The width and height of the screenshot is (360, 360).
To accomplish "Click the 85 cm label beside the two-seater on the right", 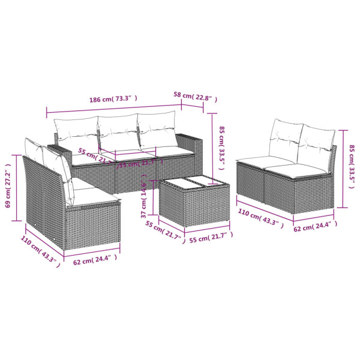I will point(353,158).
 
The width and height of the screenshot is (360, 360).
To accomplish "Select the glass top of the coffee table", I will point(192,185).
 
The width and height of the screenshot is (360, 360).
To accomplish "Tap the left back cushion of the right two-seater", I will point(284,138).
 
